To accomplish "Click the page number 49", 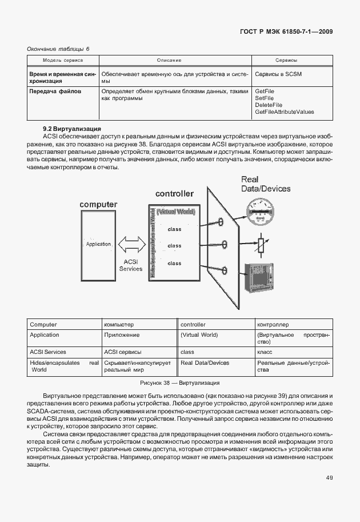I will pyautogui.click(x=329, y=478).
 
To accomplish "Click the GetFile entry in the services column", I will pyautogui.click(x=265, y=91).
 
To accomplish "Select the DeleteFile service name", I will pyautogui.click(x=269, y=105).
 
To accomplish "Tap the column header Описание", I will pyautogui.click(x=169, y=60).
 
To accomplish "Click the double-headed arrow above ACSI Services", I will pyautogui.click(x=130, y=245).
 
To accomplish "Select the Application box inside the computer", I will pyautogui.click(x=98, y=244).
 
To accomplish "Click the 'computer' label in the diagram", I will pyautogui.click(x=98, y=204).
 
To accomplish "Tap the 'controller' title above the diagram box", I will pyautogui.click(x=174, y=194).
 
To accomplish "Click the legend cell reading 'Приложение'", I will pyautogui.click(x=122, y=335).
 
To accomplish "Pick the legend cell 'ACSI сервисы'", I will pyautogui.click(x=122, y=352).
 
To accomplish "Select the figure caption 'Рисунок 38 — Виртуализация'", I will pyautogui.click(x=180, y=382).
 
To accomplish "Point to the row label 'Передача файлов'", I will pyautogui.click(x=55, y=91).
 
